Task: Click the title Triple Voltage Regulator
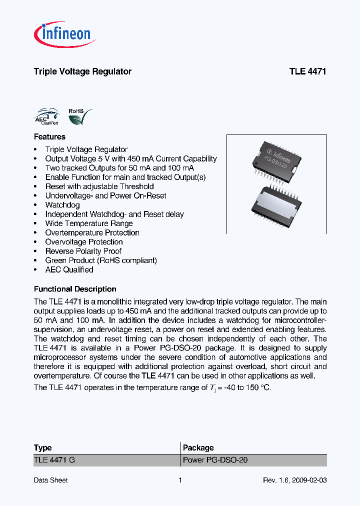coord(82,71)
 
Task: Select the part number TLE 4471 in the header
coord(307,71)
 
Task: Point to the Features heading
coord(49,136)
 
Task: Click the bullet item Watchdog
coord(62,205)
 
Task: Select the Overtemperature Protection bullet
coord(92,232)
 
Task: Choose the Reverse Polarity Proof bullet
coord(83,251)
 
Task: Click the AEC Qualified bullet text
coord(69,269)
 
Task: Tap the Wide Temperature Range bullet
coord(89,223)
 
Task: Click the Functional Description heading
coord(75,289)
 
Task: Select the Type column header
coord(42,448)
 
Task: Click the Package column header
coord(198,448)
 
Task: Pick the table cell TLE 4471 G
coord(54,460)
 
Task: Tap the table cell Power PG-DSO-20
coord(215,460)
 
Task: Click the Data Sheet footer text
coord(50,480)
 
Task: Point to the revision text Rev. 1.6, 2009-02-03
coord(294,480)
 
